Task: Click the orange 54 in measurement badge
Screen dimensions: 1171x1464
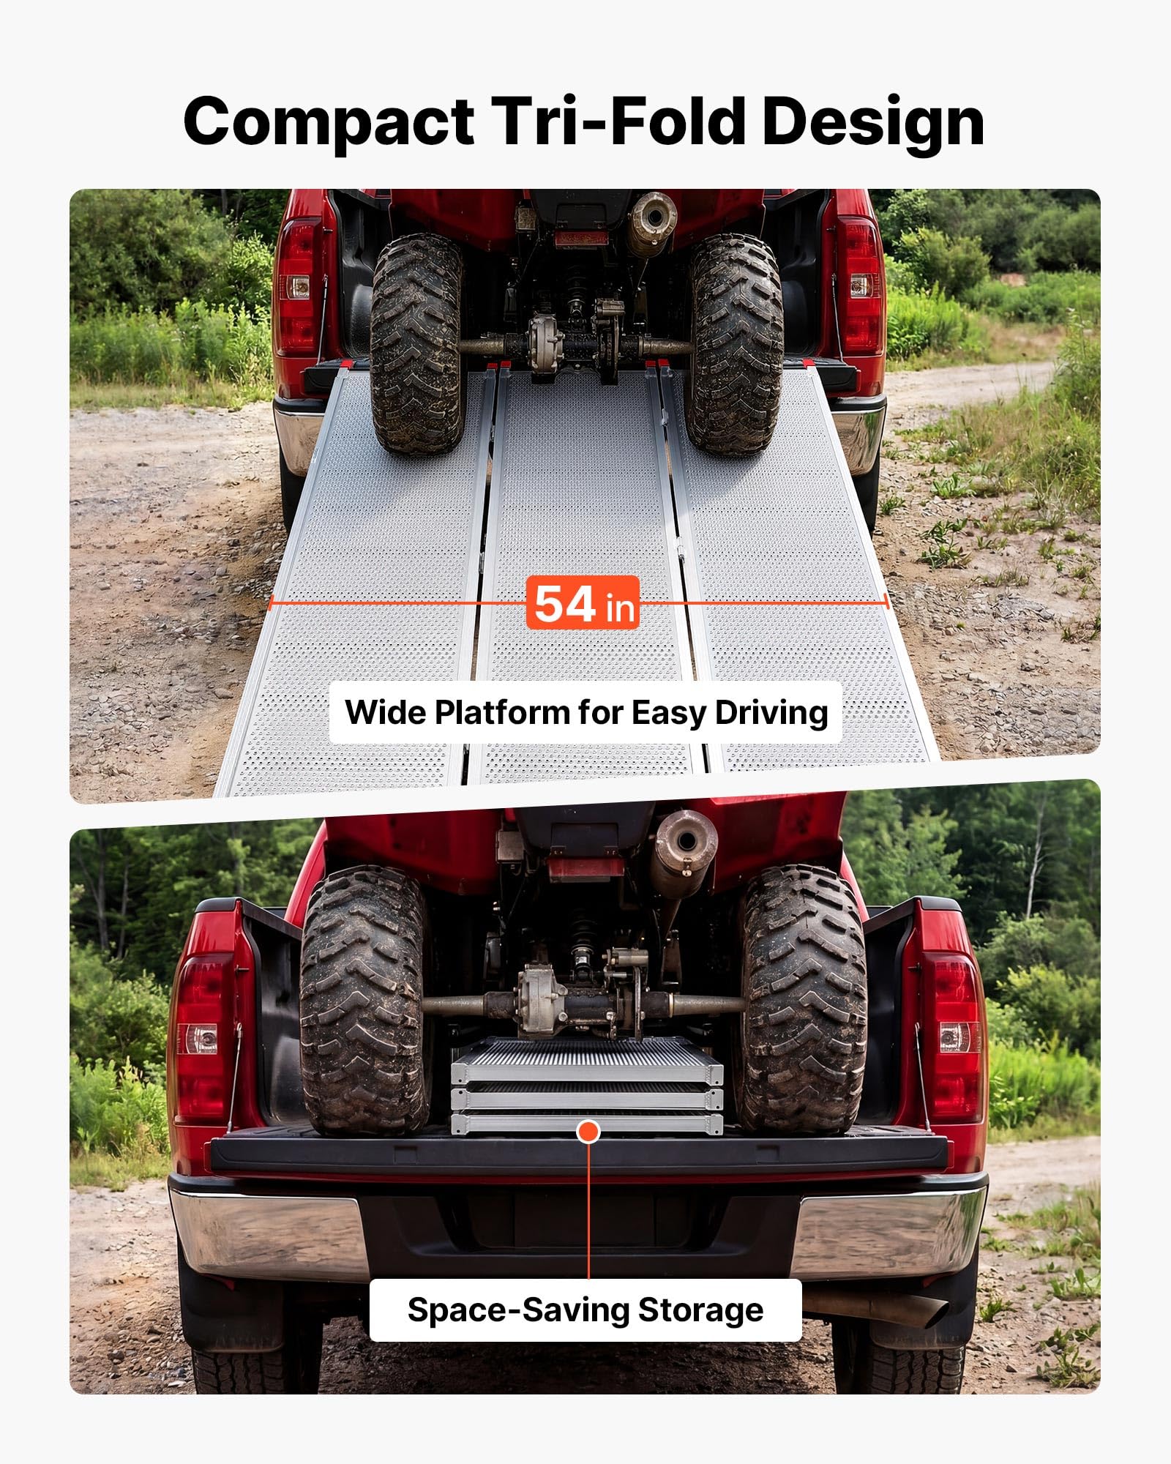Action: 583,602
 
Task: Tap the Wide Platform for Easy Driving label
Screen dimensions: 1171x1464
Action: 586,712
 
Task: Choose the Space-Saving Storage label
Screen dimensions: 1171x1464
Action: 585,1310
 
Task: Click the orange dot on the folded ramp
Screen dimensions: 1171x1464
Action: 588,1132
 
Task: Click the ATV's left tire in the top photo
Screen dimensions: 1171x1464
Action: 418,344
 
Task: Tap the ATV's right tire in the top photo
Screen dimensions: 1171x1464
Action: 736,344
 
